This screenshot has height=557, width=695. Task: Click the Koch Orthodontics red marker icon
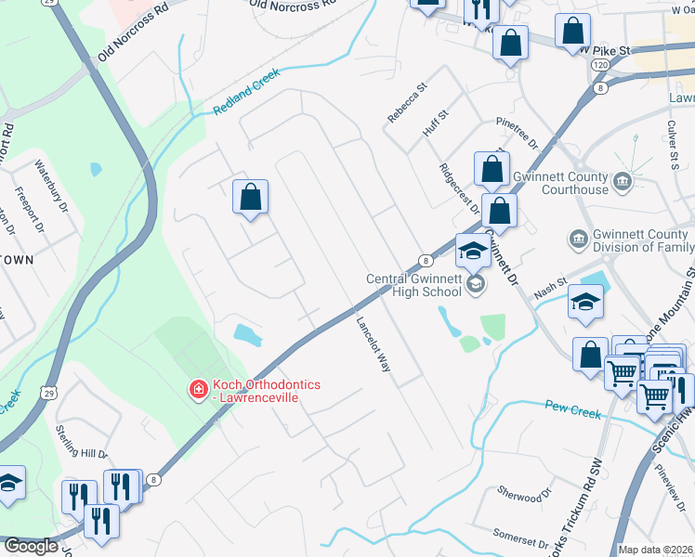coord(198,389)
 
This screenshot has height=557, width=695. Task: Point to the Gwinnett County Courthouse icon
coord(623,182)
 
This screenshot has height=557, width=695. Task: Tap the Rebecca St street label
coord(407,102)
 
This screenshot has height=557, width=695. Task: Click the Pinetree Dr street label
coord(518,136)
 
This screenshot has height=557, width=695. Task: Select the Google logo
coord(31,546)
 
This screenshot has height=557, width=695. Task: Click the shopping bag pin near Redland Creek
coord(250,198)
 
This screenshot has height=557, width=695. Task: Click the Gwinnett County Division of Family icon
coord(579,240)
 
